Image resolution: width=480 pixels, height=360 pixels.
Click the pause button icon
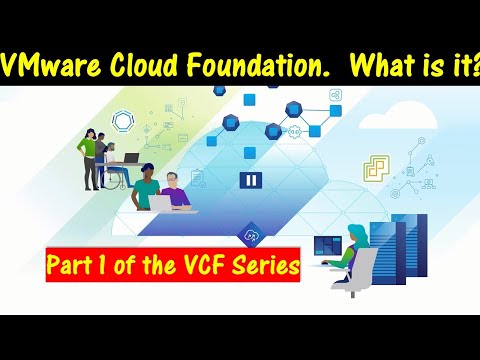click(x=249, y=181)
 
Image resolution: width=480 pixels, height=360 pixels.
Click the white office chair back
click(x=367, y=269)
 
